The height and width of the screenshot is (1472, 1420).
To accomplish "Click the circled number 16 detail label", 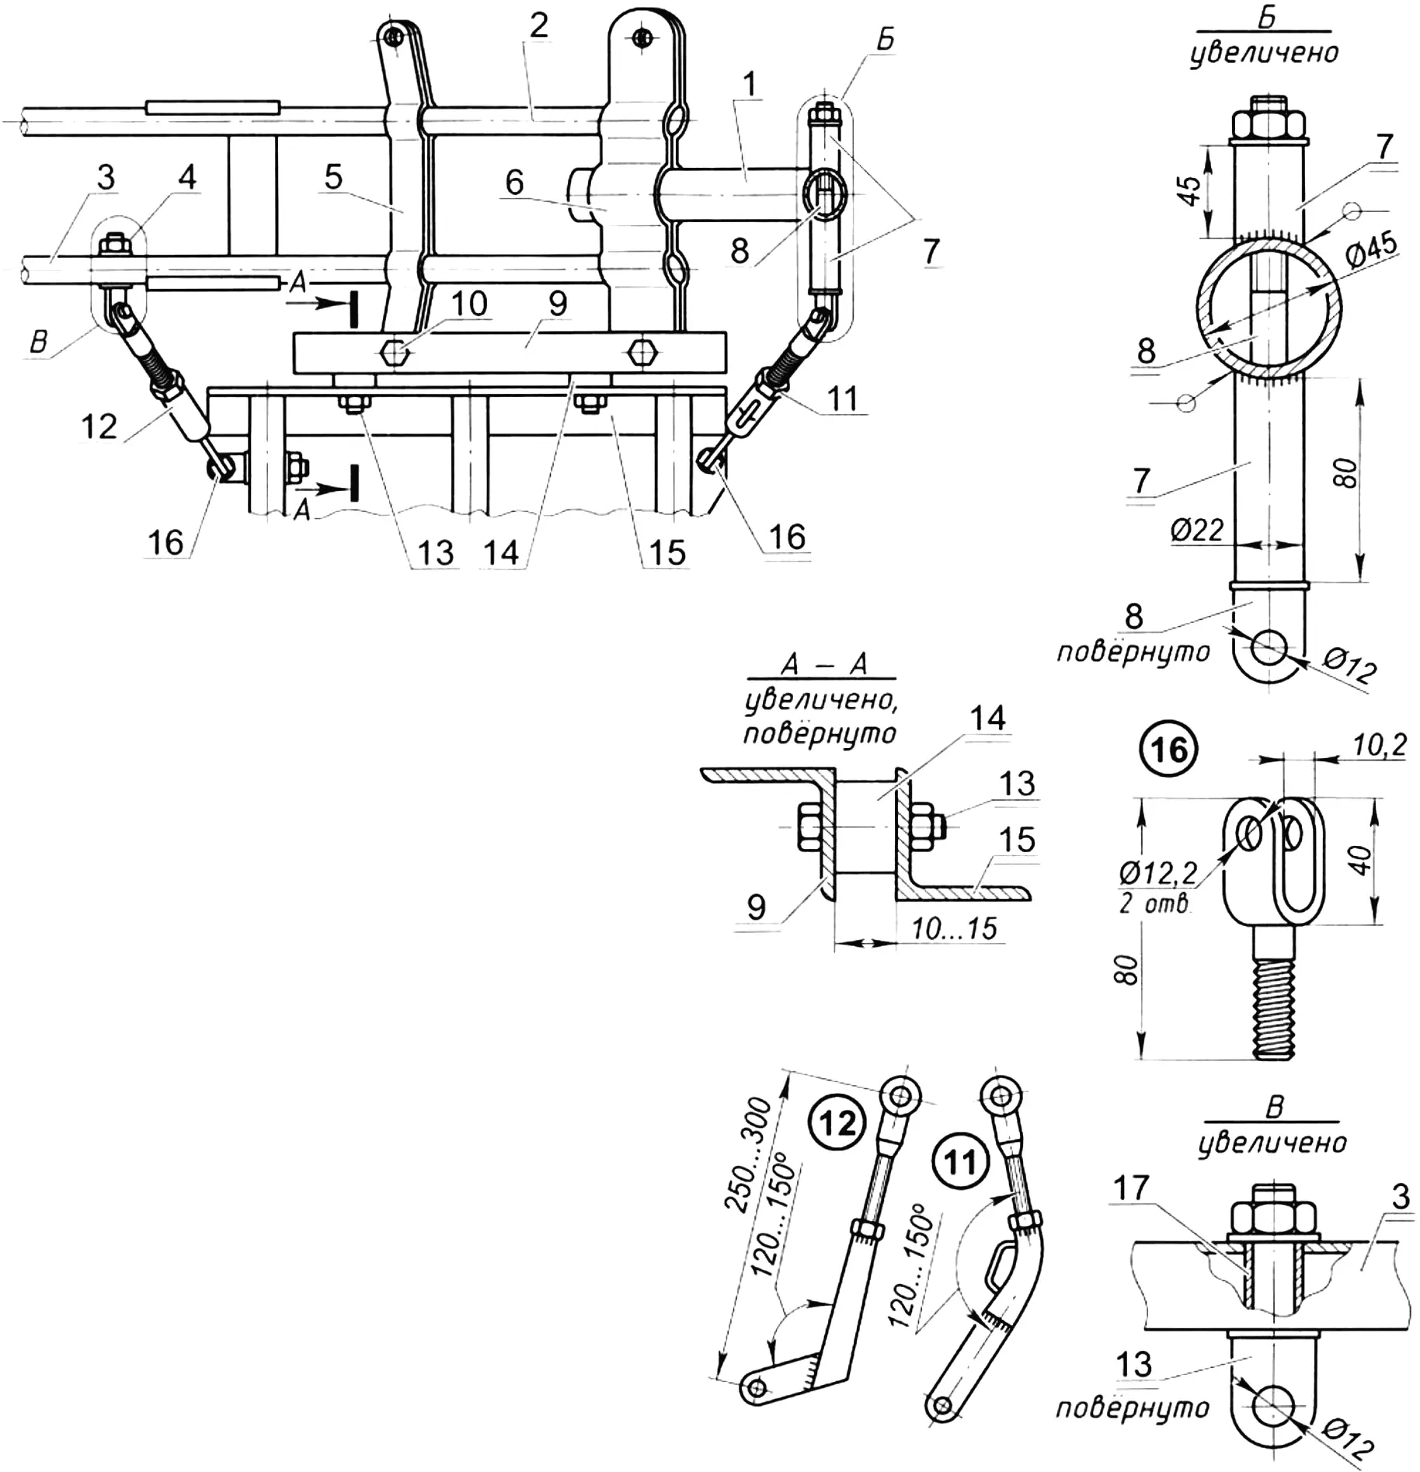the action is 1169,750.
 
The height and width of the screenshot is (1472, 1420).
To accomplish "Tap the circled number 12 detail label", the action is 837,1123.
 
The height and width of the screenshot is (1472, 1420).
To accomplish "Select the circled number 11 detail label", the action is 961,1162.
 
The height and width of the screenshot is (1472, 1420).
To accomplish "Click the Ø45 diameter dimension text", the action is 1370,250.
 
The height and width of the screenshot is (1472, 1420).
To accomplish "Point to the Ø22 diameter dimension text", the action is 1197,531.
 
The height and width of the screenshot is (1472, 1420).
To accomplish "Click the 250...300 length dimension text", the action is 748,1156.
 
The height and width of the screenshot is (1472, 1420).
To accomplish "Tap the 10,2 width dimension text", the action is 1379,746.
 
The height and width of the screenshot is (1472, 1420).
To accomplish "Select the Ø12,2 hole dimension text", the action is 1158,873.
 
